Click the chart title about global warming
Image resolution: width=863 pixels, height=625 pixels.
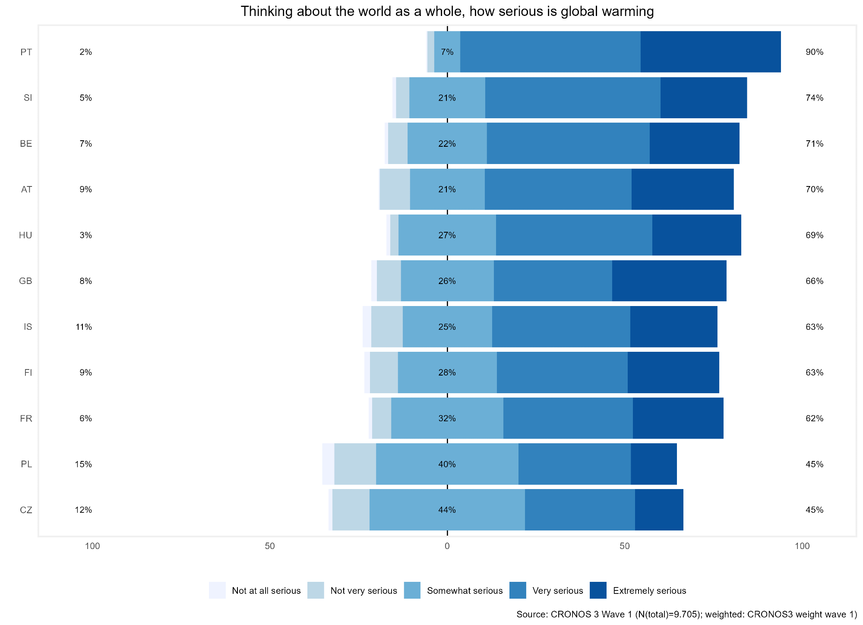[x=447, y=11]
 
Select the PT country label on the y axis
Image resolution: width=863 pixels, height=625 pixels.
[x=26, y=52]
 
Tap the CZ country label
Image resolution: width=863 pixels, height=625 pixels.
[x=26, y=510]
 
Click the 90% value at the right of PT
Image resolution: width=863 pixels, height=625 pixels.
[x=814, y=52]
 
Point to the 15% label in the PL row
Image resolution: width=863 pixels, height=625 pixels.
[x=83, y=464]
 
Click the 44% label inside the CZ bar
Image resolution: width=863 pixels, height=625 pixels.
[x=447, y=510]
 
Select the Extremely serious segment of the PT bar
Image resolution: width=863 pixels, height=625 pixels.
[x=710, y=52]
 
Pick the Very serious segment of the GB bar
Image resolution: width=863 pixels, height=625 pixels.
[x=553, y=281]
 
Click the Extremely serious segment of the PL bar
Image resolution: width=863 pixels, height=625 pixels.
[x=654, y=464]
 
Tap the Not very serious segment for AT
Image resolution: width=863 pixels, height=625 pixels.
[x=395, y=189]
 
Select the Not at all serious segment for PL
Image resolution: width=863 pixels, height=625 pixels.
[x=328, y=464]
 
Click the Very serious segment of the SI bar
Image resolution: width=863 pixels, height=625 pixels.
[x=572, y=98]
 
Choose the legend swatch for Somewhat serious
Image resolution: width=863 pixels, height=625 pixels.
[x=412, y=590]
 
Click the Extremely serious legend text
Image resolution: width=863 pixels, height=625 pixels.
[x=649, y=590]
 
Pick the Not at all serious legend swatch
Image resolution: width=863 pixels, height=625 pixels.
[x=217, y=590]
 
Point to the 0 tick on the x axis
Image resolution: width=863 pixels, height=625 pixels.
[x=447, y=546]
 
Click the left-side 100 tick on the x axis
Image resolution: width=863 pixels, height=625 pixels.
[x=92, y=546]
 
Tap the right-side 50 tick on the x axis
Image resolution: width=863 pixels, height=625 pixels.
[x=625, y=546]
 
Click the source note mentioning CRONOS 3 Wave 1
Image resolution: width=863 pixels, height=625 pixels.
[x=686, y=615]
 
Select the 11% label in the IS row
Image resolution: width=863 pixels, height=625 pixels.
[x=83, y=327]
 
